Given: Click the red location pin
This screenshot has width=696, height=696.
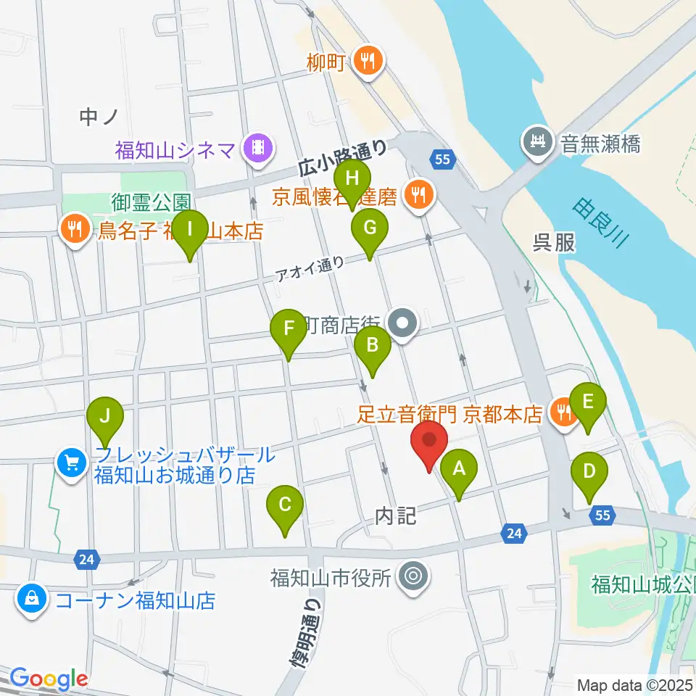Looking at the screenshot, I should [x=429, y=444].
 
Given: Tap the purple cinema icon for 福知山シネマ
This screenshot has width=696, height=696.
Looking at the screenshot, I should [x=257, y=149].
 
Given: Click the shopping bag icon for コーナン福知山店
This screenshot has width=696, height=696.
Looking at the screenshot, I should [x=32, y=599].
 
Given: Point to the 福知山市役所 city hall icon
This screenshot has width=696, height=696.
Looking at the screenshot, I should [x=415, y=577].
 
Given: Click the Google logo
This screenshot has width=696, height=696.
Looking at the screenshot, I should [x=49, y=679].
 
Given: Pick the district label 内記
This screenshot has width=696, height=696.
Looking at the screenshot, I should [x=396, y=516].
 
